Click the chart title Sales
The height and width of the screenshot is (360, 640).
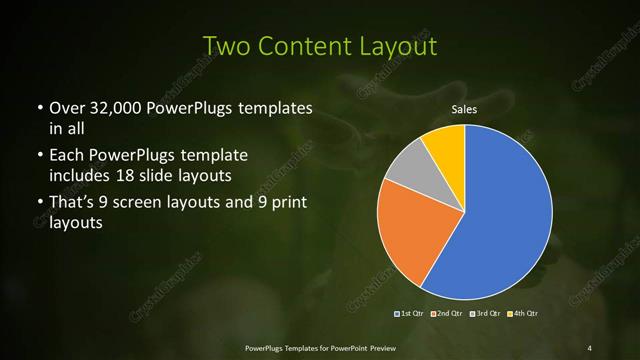point(465,109)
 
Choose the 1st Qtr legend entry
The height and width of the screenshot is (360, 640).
point(410,313)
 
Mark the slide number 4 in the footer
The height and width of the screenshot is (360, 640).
point(590,347)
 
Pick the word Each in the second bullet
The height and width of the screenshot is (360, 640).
point(67,156)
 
